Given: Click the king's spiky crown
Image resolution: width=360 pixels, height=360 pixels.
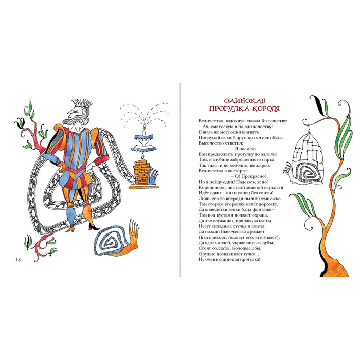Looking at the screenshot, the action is [x=82, y=104].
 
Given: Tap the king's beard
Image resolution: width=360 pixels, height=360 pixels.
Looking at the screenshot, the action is [x=72, y=121].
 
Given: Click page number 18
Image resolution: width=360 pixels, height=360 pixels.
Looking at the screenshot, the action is [x=18, y=260].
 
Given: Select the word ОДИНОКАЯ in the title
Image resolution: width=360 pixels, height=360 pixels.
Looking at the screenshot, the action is [x=244, y=101].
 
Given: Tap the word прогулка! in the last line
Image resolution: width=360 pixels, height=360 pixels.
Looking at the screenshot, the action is [x=250, y=260].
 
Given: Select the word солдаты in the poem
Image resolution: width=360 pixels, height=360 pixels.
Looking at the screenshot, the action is [x=221, y=248].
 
